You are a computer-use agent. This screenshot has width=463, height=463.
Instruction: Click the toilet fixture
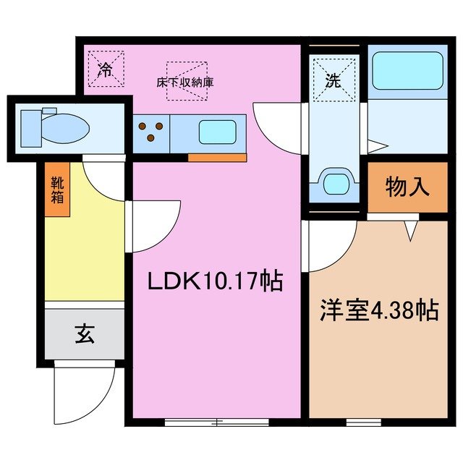(54, 127)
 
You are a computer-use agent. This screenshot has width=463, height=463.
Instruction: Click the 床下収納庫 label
(185, 82)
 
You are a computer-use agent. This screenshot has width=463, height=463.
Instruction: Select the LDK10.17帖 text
(215, 280)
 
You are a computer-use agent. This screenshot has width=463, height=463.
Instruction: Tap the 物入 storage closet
(407, 188)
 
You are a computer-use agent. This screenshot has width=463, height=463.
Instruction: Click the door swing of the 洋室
(331, 245)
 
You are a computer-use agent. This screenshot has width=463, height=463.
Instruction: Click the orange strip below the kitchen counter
(216, 157)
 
